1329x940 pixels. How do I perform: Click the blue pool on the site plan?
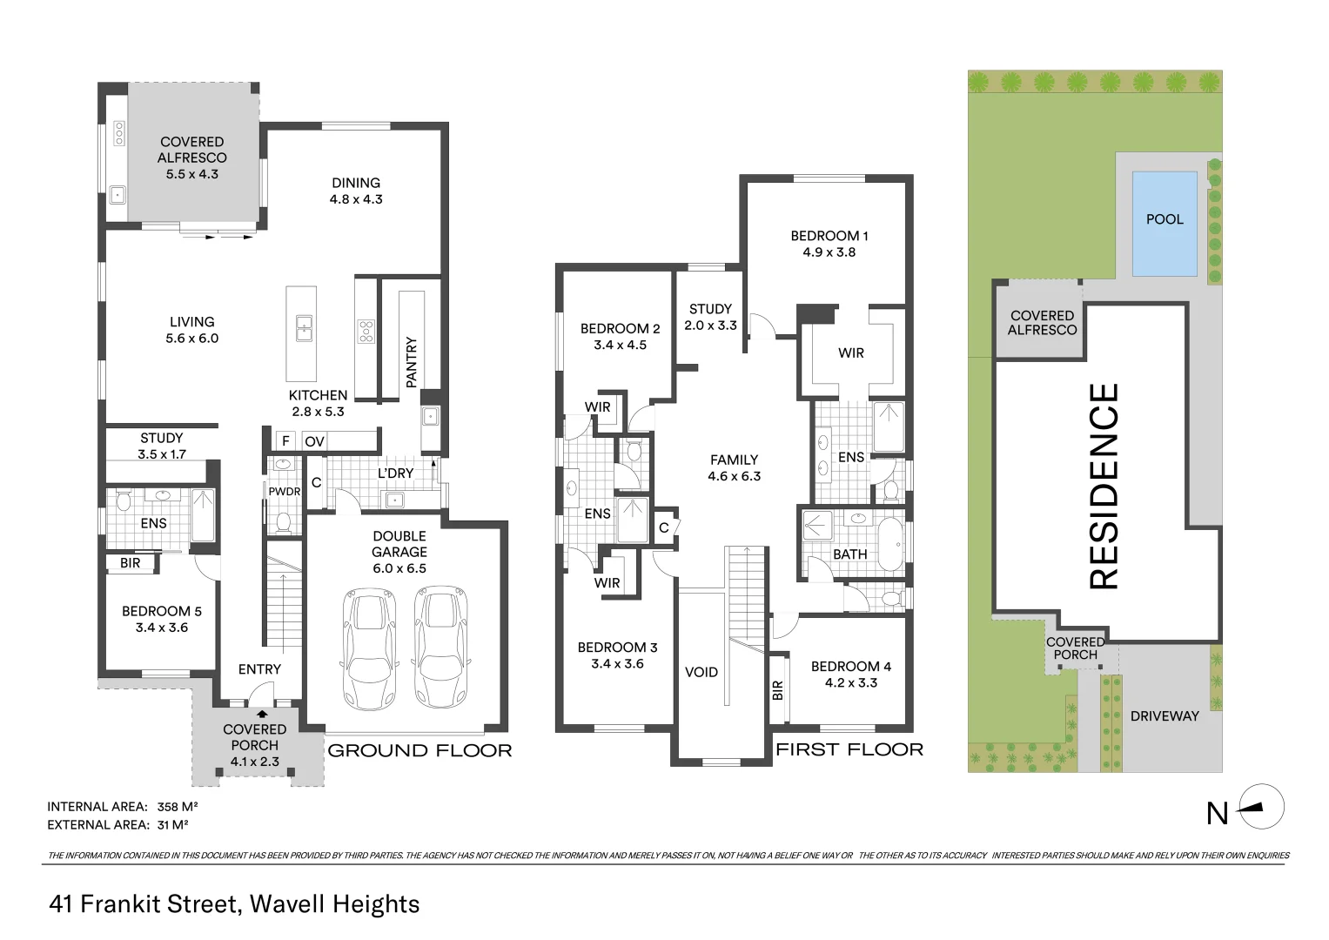point(1164,223)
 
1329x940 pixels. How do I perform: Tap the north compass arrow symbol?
point(1261,806)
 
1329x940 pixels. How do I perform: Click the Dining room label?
point(356,183)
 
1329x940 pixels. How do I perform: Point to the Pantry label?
point(412,362)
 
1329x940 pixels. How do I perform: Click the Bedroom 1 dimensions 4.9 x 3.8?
point(829,252)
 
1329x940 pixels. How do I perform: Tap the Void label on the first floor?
point(701,672)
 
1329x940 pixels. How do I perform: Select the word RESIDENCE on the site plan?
point(1104,487)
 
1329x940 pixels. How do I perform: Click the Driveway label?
point(1164,716)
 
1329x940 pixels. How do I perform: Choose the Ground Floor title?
point(420,750)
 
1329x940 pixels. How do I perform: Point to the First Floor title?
point(849,749)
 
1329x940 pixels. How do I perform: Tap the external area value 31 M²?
point(172,825)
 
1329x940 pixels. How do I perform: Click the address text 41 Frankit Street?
point(144,904)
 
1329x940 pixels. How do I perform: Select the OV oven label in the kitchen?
point(314,441)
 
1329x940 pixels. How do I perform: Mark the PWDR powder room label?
point(284,492)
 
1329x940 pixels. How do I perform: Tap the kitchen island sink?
point(303,329)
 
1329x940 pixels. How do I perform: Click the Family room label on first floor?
point(734,460)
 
